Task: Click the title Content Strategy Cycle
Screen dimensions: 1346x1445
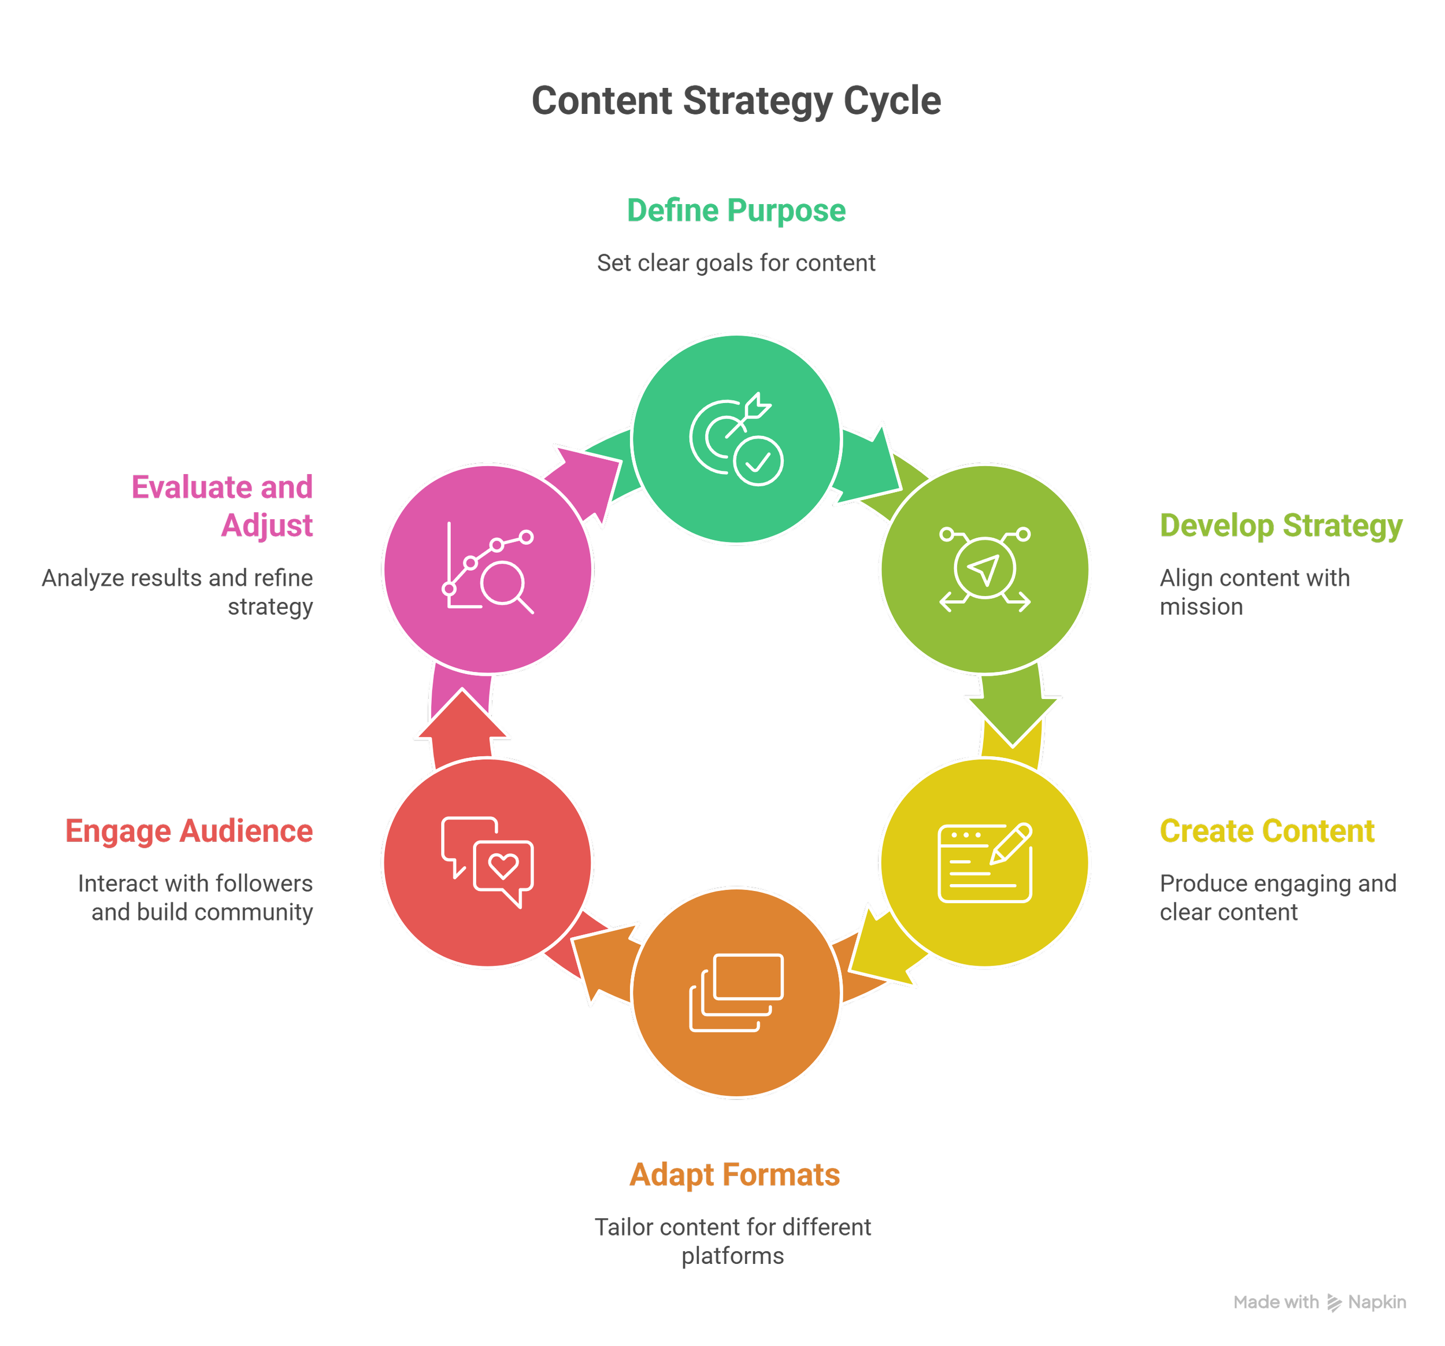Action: [736, 101]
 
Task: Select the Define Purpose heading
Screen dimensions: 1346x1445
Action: [736, 211]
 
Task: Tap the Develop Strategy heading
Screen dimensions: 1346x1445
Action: [1281, 525]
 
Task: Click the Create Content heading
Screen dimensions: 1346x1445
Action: [1267, 831]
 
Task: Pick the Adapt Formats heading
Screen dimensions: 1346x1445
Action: [734, 1175]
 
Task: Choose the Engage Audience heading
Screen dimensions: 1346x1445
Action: [189, 831]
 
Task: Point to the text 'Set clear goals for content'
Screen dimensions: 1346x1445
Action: [736, 263]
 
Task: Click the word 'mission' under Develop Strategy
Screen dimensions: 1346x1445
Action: [1201, 607]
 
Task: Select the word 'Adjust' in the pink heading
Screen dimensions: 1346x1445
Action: [267, 525]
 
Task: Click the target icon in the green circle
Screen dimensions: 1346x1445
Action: [720, 435]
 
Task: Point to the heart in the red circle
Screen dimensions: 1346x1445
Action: [503, 866]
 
